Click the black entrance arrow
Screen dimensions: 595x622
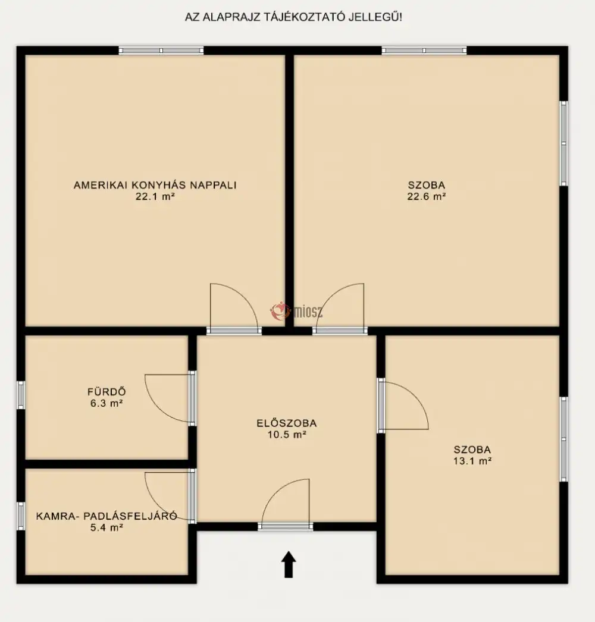click(x=289, y=564)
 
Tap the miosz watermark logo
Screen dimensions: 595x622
click(x=296, y=312)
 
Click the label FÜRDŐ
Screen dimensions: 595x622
click(x=107, y=392)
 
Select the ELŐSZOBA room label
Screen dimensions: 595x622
click(x=287, y=423)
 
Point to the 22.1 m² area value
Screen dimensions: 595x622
click(x=155, y=196)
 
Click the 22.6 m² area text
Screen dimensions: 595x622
click(x=426, y=196)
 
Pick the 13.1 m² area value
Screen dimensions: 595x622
click(x=472, y=461)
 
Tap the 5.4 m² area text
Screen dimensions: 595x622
click(x=107, y=527)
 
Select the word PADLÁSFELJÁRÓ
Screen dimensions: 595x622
click(x=130, y=516)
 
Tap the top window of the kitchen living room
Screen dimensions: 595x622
click(x=161, y=51)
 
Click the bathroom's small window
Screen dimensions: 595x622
click(x=21, y=395)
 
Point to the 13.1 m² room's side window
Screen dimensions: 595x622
click(x=563, y=439)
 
